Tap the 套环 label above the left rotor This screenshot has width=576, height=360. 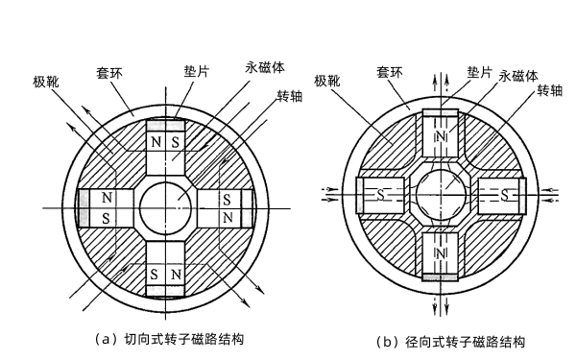pos(108,70)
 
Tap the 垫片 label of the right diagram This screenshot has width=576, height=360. pos(479,72)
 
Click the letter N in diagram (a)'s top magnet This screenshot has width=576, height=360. pos(156,141)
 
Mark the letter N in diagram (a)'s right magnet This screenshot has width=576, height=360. pos(227,218)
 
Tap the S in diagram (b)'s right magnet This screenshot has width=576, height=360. pos(503,194)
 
